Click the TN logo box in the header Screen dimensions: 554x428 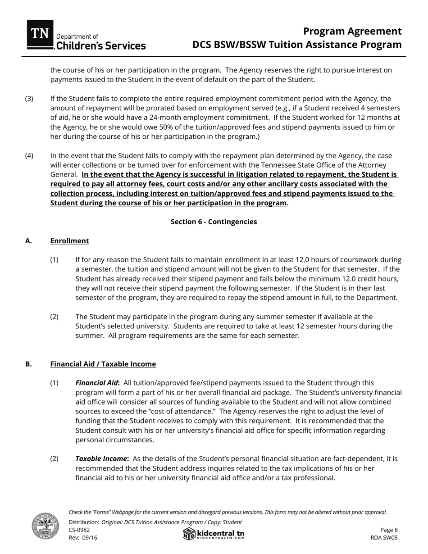tap(40, 34)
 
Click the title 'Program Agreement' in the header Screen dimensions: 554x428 tap(352, 31)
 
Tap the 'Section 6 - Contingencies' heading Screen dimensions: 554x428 tap(214, 222)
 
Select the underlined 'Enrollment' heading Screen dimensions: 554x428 tap(69, 241)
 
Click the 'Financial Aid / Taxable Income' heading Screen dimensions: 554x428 tap(103, 364)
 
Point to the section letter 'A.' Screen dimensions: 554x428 tap(29, 241)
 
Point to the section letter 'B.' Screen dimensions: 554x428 tap(29, 364)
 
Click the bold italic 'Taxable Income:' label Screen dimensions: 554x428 tap(102, 459)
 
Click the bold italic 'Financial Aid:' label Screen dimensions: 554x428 tap(97, 383)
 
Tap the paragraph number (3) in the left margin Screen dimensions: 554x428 tap(29, 99)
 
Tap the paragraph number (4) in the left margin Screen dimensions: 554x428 tap(29, 155)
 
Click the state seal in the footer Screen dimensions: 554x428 tap(45, 526)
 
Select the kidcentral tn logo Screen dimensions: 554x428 tap(214, 534)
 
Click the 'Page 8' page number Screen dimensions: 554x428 tap(389, 530)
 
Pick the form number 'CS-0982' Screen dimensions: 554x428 tap(79, 530)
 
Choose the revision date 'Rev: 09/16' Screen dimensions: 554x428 tap(83, 537)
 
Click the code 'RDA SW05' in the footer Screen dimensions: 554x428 tap(384, 537)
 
